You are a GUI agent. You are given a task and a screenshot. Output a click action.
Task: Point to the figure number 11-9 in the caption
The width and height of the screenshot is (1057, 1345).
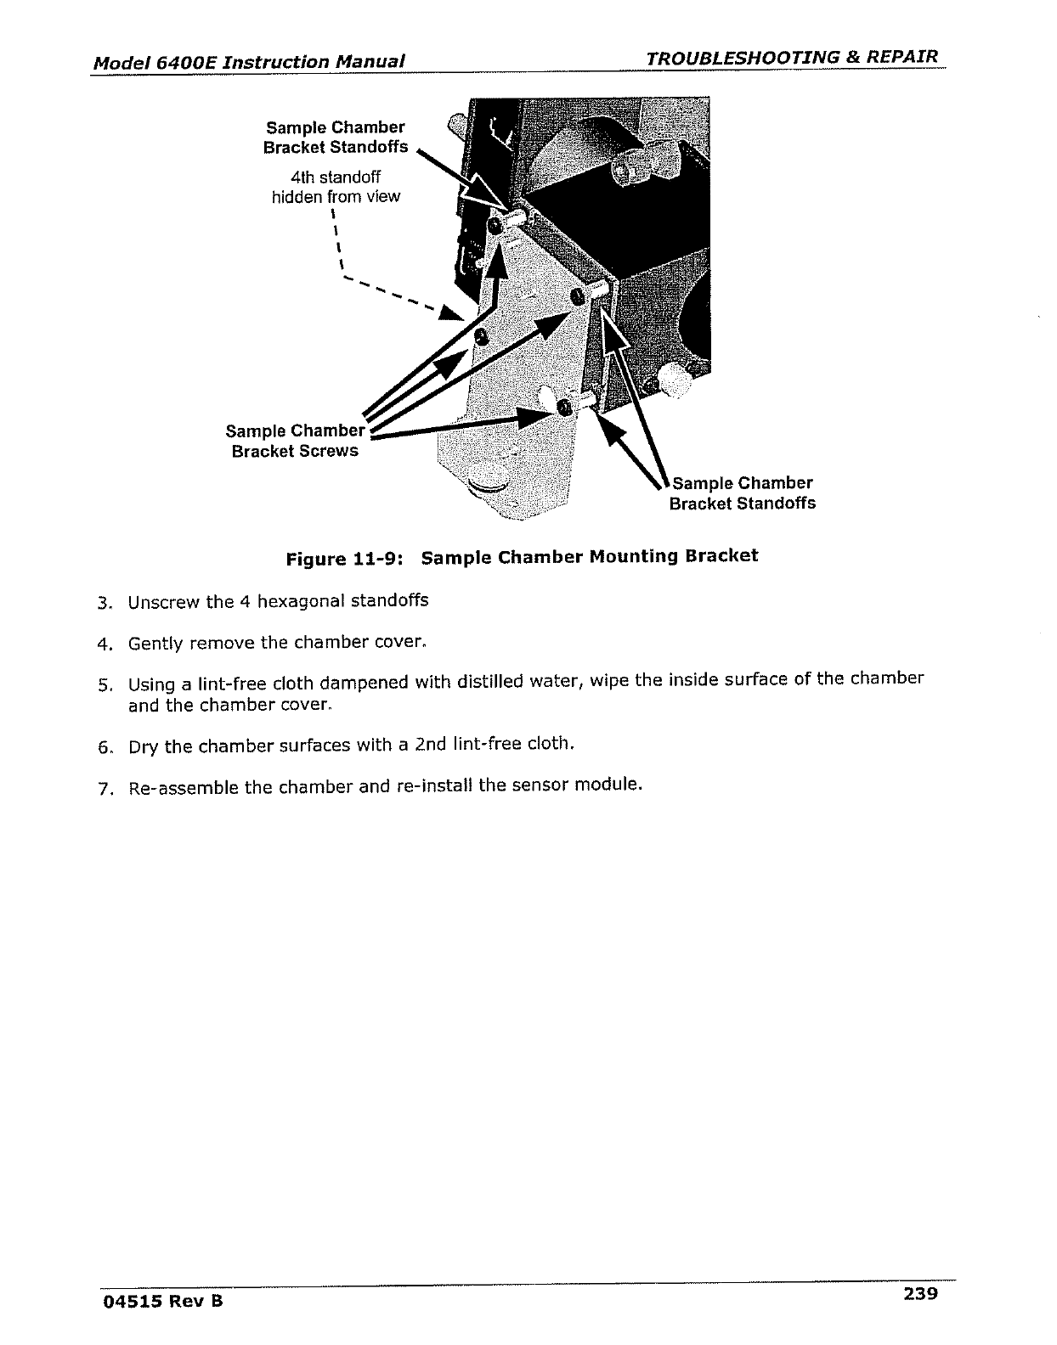click(x=369, y=560)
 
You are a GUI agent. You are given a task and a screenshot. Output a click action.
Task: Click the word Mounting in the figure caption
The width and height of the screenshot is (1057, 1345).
click(x=632, y=557)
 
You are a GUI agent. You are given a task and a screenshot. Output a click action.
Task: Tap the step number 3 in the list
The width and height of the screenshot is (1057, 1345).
click(x=103, y=604)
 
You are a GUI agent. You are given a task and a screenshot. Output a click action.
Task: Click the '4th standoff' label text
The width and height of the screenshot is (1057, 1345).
click(x=336, y=177)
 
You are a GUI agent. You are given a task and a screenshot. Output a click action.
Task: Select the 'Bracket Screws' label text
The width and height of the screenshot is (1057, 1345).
click(x=295, y=451)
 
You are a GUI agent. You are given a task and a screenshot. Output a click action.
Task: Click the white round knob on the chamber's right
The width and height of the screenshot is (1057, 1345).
click(x=676, y=379)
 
